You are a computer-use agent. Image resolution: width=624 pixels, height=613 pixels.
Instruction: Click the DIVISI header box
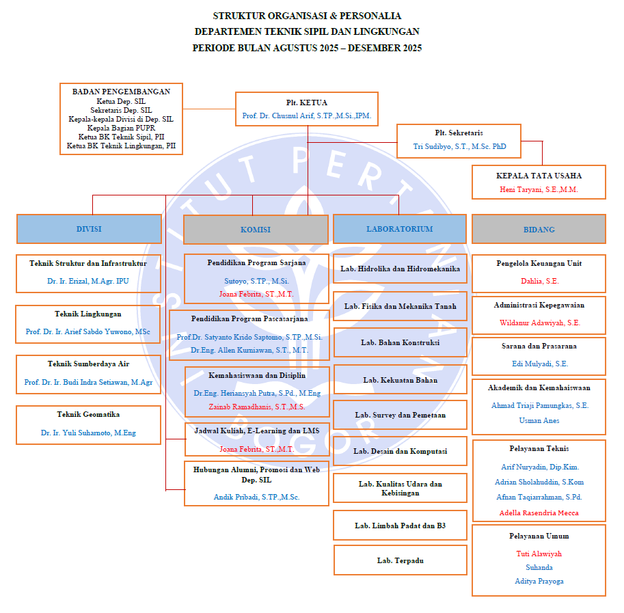tap(89, 230)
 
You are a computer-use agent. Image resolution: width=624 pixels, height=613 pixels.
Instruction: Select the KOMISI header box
tap(256, 230)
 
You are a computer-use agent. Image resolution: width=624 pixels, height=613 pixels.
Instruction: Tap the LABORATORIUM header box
tap(399, 230)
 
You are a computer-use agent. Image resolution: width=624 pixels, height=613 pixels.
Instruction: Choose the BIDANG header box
tap(539, 230)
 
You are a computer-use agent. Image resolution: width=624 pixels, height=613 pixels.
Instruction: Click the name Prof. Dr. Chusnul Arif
tap(307, 116)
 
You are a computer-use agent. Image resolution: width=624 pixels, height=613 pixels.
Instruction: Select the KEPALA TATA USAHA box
tap(539, 182)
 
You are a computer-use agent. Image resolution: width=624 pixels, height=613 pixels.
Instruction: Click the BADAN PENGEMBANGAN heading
tap(121, 91)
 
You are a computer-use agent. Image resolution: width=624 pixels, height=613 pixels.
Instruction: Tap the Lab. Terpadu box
tap(400, 560)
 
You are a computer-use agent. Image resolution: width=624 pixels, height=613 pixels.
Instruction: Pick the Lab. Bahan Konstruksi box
tap(400, 342)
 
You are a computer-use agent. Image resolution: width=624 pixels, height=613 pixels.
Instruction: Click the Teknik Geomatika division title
tap(88, 414)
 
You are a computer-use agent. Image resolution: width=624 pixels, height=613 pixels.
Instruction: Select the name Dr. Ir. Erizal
tap(88, 281)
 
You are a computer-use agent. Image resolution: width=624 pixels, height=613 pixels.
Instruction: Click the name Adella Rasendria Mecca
tap(539, 513)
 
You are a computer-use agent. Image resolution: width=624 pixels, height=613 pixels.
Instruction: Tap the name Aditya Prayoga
tap(539, 581)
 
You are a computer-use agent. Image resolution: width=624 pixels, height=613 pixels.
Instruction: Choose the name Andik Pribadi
tap(256, 497)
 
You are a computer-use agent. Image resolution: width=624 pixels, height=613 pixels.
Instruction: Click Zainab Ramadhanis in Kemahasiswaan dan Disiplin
tap(256, 407)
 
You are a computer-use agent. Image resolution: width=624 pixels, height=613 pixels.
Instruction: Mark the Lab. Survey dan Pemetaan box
tap(400, 415)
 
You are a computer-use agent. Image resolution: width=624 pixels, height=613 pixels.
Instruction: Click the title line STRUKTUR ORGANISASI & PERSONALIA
tap(307, 16)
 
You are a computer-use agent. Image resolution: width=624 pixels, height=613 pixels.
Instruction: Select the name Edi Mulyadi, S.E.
tap(539, 364)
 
